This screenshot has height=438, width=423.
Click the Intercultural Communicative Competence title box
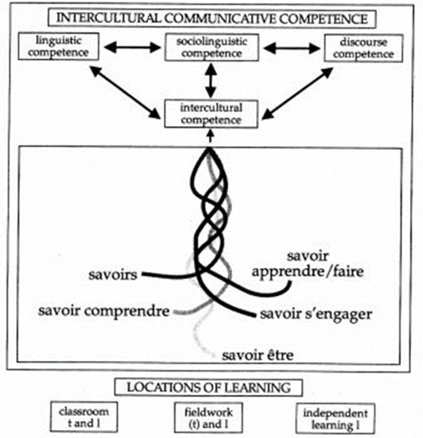(x=211, y=16)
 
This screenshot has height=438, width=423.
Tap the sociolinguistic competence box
(x=211, y=47)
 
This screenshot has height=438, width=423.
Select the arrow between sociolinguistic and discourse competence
(x=293, y=48)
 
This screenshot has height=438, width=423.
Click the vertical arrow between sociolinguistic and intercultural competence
(x=211, y=80)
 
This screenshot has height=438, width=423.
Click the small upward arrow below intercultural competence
(x=211, y=136)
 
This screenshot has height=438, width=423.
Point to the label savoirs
(x=116, y=276)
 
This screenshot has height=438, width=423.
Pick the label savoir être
(x=258, y=354)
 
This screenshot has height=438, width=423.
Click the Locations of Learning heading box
(x=211, y=387)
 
